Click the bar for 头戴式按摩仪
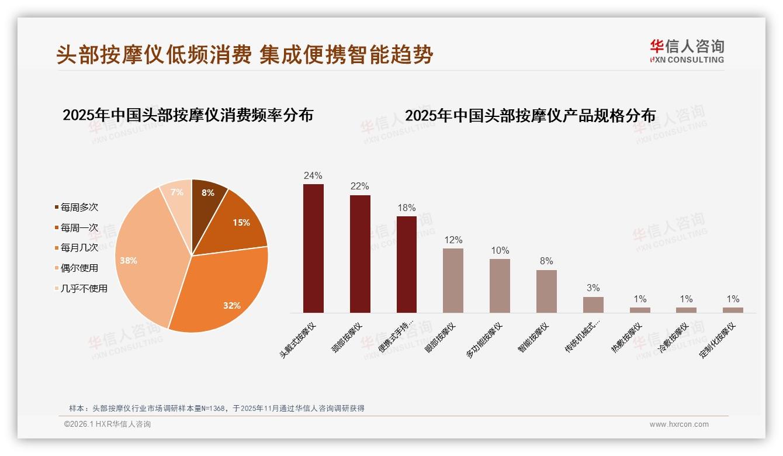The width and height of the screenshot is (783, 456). pyautogui.click(x=313, y=248)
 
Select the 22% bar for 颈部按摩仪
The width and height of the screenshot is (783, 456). pyautogui.click(x=360, y=254)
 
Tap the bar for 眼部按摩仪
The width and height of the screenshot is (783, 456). pyautogui.click(x=453, y=281)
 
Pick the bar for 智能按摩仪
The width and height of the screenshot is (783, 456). pyautogui.click(x=546, y=291)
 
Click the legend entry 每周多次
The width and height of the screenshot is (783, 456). pyautogui.click(x=79, y=207)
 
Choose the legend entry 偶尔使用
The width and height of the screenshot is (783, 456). pyautogui.click(x=79, y=268)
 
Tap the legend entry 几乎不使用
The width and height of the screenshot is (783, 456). pyautogui.click(x=84, y=288)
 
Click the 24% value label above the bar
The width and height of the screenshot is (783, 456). pyautogui.click(x=313, y=175)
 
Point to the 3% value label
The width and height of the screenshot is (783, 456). pyautogui.click(x=593, y=288)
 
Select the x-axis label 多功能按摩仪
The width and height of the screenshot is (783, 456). pyautogui.click(x=484, y=340)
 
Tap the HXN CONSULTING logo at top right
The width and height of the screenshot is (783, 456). pyautogui.click(x=687, y=51)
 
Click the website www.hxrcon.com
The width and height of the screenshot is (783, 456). pyautogui.click(x=679, y=424)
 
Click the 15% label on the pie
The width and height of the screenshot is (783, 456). pyautogui.click(x=241, y=222)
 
